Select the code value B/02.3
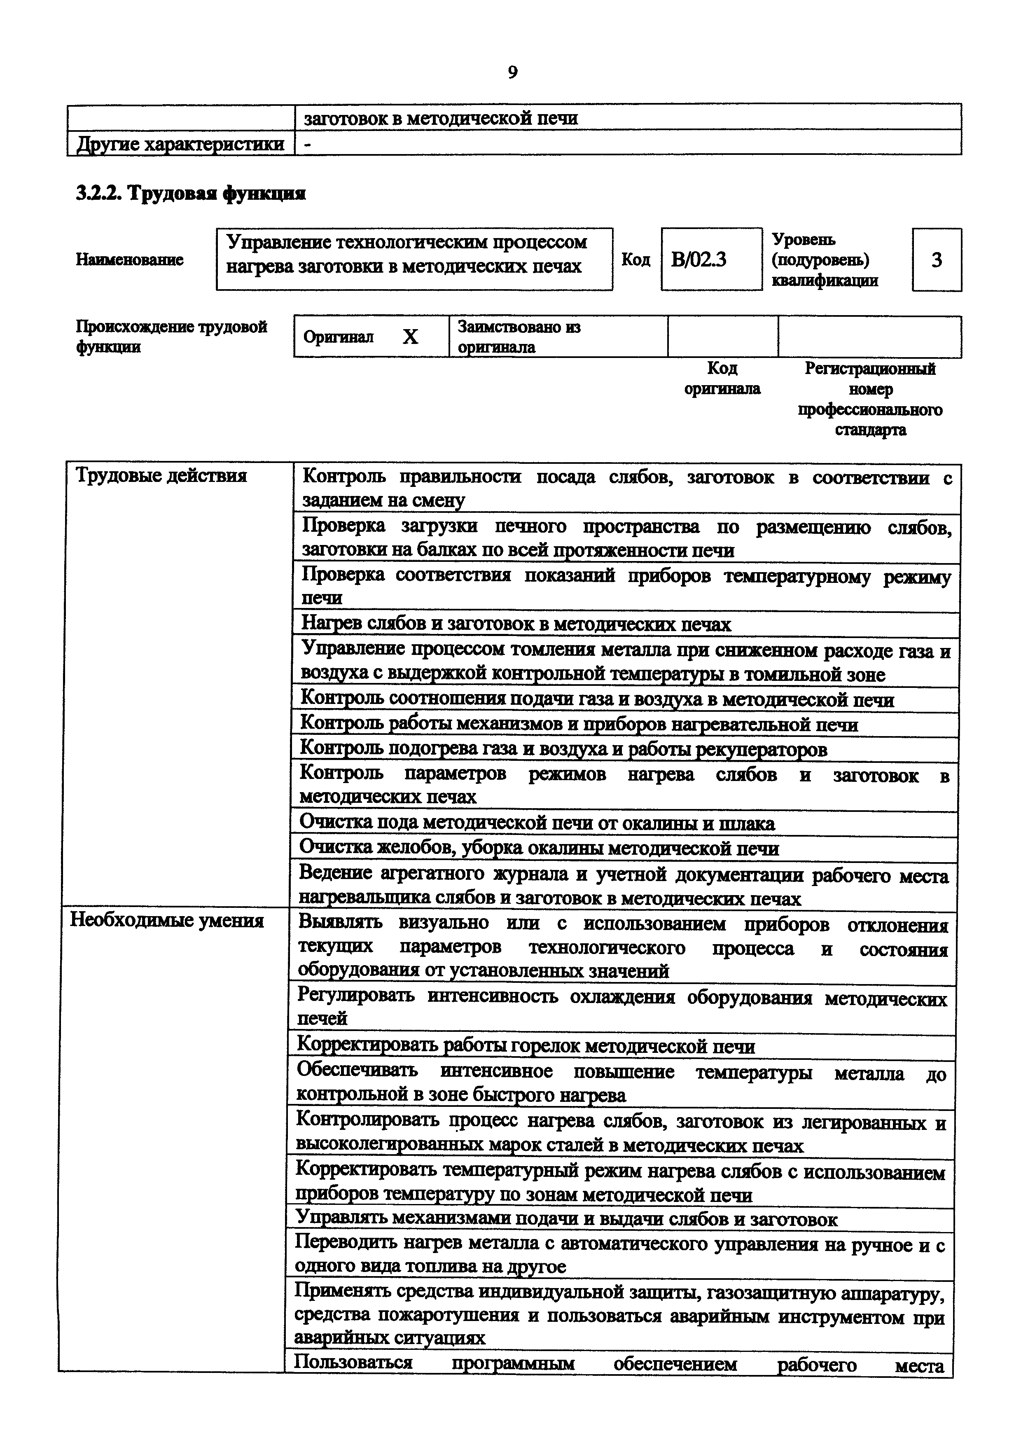pos(699,259)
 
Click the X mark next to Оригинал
pos(410,337)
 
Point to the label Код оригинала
pos(722,378)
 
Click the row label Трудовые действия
pos(161,475)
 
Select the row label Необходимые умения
pos(167,920)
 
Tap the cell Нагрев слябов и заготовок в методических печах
pos(516,624)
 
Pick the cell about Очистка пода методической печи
pos(537,823)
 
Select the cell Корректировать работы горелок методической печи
pos(525,1046)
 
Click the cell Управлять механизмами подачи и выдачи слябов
pos(566,1219)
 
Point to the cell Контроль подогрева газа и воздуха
pos(563,748)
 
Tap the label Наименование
pos(130,259)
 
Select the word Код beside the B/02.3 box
pos(635,259)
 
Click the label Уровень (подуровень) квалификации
pos(824,259)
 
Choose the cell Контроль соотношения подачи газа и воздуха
pos(597,699)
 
